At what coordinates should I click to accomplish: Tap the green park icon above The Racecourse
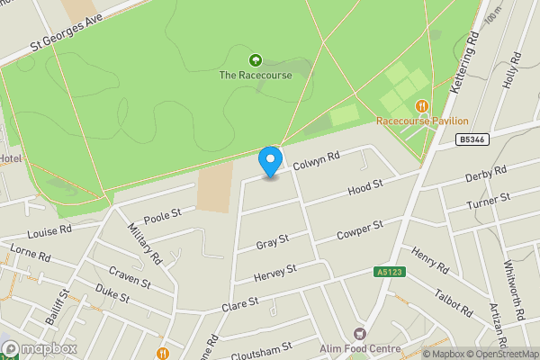256,60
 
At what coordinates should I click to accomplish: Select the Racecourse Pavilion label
423,121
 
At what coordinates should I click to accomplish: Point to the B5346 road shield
471,139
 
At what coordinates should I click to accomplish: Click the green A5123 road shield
389,272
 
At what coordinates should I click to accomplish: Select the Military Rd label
144,243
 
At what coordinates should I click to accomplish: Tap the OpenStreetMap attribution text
499,354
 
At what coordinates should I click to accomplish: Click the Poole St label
163,215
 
